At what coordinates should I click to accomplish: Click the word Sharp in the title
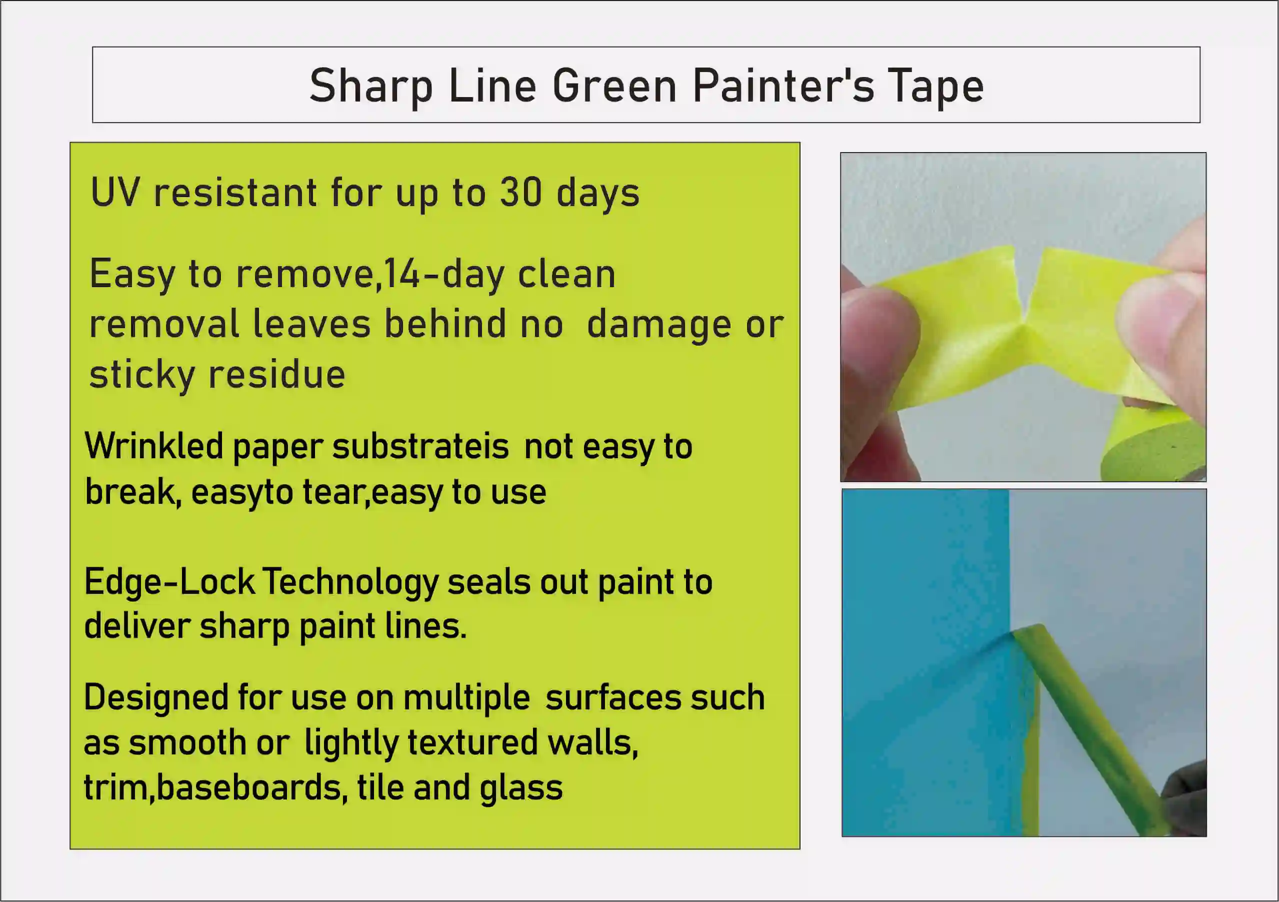point(371,87)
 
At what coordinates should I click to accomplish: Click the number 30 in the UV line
point(521,192)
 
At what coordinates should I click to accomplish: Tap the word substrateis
point(420,447)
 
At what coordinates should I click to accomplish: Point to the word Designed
point(155,698)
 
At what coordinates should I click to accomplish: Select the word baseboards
point(248,788)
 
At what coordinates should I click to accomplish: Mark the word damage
point(658,325)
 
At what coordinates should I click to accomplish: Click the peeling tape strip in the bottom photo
point(1086,719)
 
